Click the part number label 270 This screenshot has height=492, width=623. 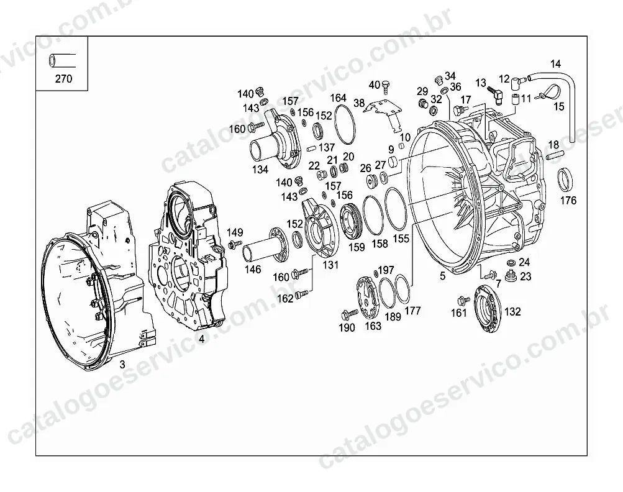(63, 79)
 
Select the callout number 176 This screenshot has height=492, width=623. (568, 201)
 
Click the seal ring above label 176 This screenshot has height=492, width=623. (566, 180)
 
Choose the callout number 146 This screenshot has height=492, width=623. (253, 270)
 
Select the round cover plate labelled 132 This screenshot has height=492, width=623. (489, 309)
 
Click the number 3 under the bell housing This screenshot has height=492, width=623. (122, 364)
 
